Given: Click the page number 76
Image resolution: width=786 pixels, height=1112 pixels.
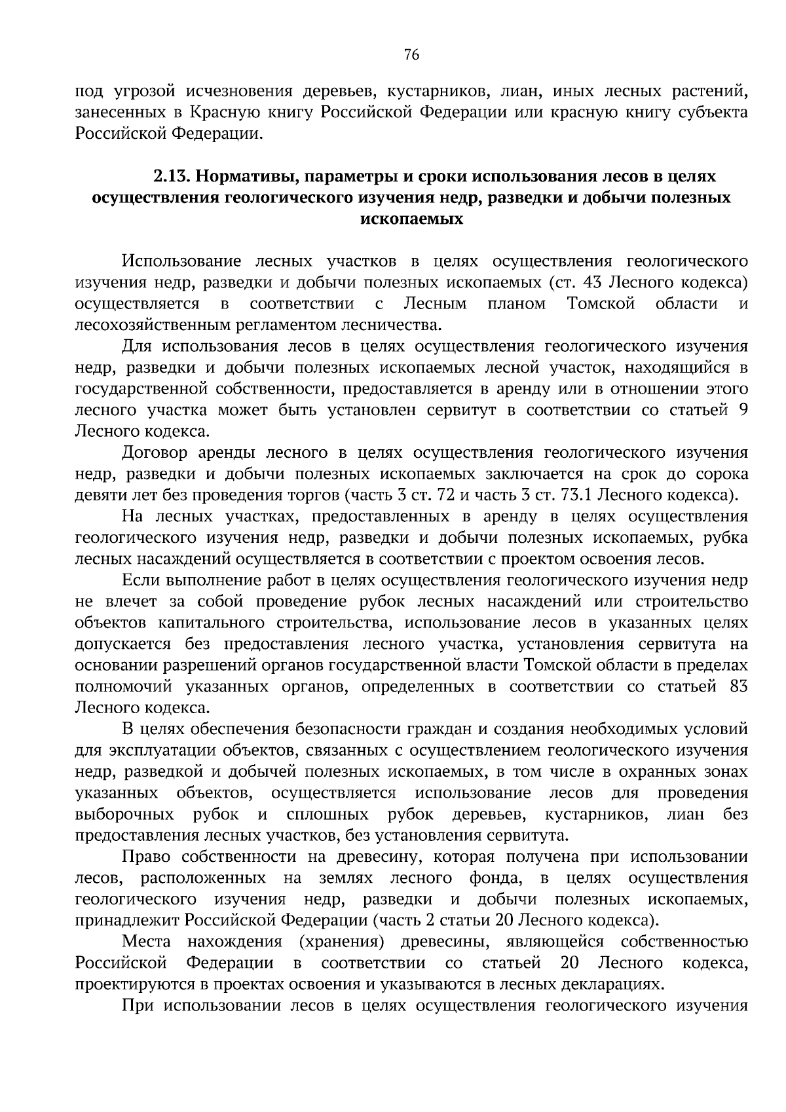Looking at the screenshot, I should (x=411, y=55).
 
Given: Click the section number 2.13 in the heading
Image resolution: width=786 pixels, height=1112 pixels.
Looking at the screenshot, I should (x=171, y=176).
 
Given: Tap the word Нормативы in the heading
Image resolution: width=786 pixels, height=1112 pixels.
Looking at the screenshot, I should (x=244, y=176).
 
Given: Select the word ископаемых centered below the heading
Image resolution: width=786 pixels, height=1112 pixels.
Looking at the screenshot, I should (x=412, y=219).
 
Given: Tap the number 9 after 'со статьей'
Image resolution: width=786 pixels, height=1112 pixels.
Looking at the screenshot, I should (x=743, y=411).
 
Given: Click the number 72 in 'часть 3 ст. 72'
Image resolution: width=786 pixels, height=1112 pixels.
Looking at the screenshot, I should (x=445, y=496).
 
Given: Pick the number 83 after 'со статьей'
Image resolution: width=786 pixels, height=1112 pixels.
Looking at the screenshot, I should (x=738, y=687).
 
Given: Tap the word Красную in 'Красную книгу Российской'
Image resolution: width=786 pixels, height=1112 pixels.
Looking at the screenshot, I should (x=219, y=112).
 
